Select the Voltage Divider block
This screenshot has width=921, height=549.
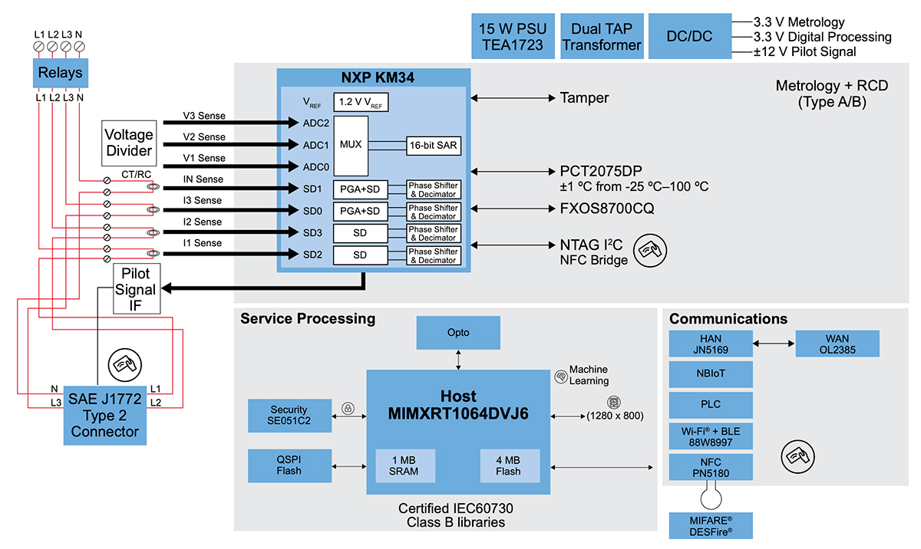point(129,142)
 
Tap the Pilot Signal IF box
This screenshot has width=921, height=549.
point(136,289)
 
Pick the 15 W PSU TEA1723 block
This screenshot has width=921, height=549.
point(513,36)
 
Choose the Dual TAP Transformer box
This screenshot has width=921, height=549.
point(602,36)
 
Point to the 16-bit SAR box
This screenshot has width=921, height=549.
point(434,144)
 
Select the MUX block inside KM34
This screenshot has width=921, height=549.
point(350,144)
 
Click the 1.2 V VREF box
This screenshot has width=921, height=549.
point(359,102)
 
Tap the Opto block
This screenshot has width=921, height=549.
point(458,332)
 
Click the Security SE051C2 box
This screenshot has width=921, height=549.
point(289,415)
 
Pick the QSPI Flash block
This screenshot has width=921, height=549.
point(289,465)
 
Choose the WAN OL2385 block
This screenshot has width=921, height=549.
point(837,344)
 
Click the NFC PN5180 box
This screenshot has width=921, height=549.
point(710,467)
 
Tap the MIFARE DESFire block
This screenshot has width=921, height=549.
point(710,524)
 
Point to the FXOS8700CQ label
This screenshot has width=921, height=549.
point(606,209)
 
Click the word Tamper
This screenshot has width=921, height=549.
point(584,98)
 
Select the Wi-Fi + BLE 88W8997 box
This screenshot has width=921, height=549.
point(710,436)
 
